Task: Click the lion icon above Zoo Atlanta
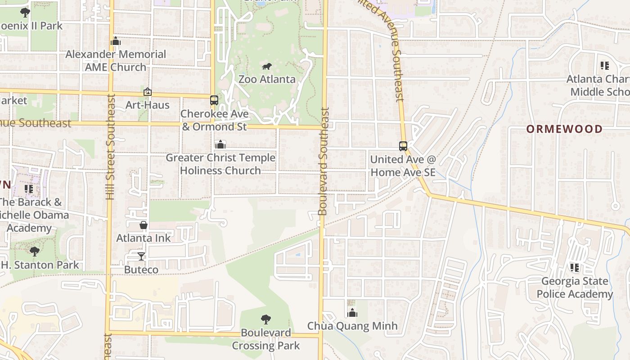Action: (x=267, y=67)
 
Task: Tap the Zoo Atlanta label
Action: (x=267, y=79)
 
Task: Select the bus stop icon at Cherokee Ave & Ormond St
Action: (x=214, y=100)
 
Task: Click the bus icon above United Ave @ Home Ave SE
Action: (x=403, y=146)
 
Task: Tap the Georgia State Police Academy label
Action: (x=574, y=288)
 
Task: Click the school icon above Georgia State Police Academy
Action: (x=574, y=268)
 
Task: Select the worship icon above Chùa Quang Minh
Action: (x=352, y=313)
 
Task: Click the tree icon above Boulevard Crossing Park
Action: (x=266, y=319)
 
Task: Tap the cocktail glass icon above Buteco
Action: (x=141, y=256)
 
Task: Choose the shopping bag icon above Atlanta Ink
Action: (x=144, y=225)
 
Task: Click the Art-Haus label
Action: (x=148, y=105)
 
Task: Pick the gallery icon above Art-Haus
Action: (x=148, y=92)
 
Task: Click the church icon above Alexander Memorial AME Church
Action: (x=116, y=41)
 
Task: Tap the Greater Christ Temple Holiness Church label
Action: (x=220, y=164)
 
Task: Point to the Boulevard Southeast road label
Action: (x=323, y=161)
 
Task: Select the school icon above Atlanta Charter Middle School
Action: (x=604, y=66)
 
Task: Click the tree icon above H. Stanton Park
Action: (x=34, y=252)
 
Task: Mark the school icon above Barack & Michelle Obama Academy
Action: (x=29, y=189)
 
